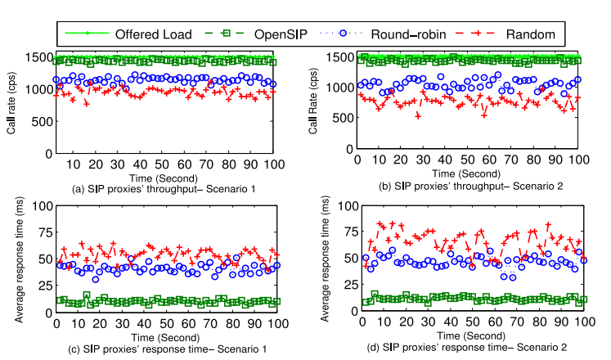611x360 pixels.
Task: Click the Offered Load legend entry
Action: (x=142, y=34)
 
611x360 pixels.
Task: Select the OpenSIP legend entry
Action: (x=283, y=34)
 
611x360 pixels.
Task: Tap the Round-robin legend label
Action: (x=408, y=34)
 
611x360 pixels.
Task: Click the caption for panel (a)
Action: (x=164, y=190)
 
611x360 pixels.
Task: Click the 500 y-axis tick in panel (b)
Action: (x=344, y=117)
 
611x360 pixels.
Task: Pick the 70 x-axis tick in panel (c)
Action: (x=211, y=324)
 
